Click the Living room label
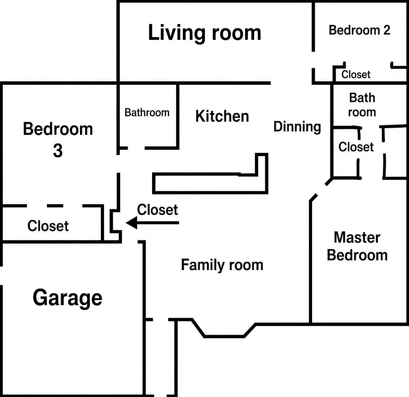pyautogui.click(x=204, y=33)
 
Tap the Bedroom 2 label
pyautogui.click(x=359, y=30)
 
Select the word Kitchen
pyautogui.click(x=222, y=116)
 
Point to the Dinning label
pyautogui.click(x=297, y=127)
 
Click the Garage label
pyautogui.click(x=67, y=298)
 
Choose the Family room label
pyautogui.click(x=222, y=265)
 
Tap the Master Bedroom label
pyautogui.click(x=357, y=246)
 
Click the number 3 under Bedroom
pyautogui.click(x=58, y=151)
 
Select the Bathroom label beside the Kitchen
pyautogui.click(x=147, y=113)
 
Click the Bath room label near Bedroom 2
pyautogui.click(x=362, y=105)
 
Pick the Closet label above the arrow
pyautogui.click(x=158, y=210)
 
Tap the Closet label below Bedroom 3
pyautogui.click(x=48, y=226)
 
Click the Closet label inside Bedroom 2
pyautogui.click(x=356, y=75)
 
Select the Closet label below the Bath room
pyautogui.click(x=356, y=147)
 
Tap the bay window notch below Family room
pyautogui.click(x=224, y=336)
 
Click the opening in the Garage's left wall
pyautogui.click(x=1, y=276)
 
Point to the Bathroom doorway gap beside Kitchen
pyautogui.click(x=136, y=148)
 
